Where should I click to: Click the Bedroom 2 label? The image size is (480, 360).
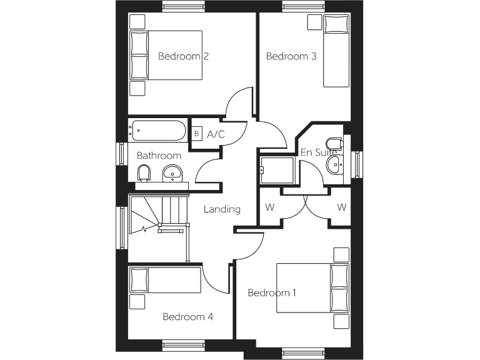click(x=182, y=56)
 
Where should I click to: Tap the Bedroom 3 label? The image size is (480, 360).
click(x=291, y=56)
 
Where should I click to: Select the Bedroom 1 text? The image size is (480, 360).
click(x=272, y=292)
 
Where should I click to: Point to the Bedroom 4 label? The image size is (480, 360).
click(x=187, y=317)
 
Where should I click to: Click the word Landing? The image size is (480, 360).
click(x=222, y=209)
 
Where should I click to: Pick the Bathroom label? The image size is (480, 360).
click(x=159, y=156)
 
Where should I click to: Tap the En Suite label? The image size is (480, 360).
click(x=314, y=152)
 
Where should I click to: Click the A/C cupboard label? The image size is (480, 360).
click(x=216, y=134)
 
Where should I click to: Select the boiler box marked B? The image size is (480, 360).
click(x=196, y=134)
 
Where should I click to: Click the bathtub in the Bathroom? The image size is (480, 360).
click(x=157, y=131)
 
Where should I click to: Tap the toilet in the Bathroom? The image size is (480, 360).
click(x=144, y=172)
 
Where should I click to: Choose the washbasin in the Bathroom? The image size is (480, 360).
click(x=171, y=173)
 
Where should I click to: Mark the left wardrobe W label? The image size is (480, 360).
click(x=269, y=207)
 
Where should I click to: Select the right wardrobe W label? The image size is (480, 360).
click(x=341, y=207)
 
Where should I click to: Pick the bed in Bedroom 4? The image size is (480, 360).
click(x=166, y=280)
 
